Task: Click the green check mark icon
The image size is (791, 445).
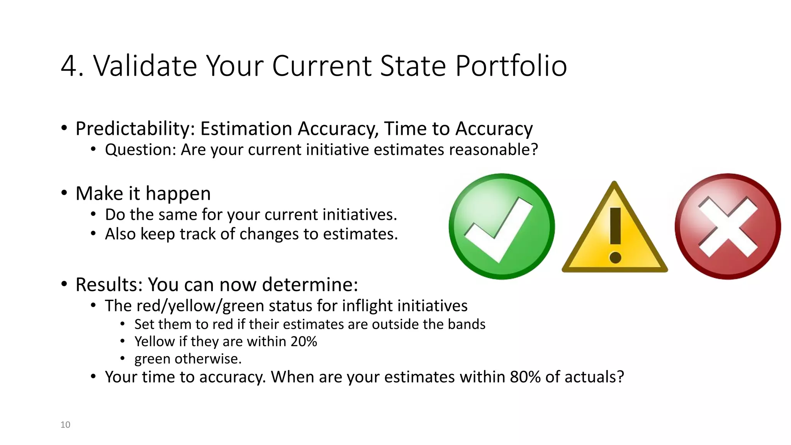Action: point(501,226)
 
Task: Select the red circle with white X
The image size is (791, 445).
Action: point(728,226)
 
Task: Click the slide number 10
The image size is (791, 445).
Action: point(65,425)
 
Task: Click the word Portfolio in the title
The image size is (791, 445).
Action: point(511,66)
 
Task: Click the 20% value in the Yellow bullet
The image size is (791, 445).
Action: point(304,341)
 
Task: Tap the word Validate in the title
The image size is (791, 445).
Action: point(145,66)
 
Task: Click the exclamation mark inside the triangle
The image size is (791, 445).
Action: point(615,236)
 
